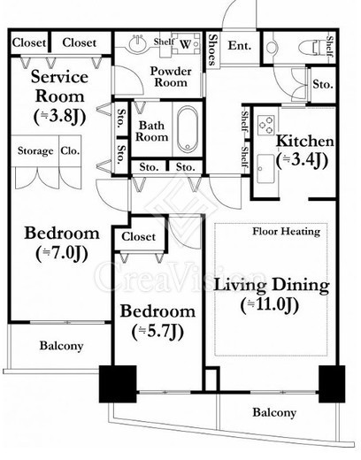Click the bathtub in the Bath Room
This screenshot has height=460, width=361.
point(188,129)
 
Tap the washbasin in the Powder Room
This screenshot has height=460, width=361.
point(138,43)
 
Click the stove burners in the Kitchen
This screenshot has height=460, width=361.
point(265,125)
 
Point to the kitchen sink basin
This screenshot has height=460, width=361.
point(265,168)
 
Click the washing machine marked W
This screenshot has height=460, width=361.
point(186,43)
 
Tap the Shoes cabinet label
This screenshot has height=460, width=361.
point(212,50)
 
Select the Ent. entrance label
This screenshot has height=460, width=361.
point(240,46)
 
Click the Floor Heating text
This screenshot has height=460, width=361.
point(287,231)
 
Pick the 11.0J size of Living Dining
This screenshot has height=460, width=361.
point(270,305)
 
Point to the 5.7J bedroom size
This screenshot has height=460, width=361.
point(157,332)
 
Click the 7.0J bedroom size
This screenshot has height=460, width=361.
point(62,253)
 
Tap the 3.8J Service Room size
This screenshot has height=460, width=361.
point(60,117)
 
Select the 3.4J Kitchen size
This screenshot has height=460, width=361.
point(302,161)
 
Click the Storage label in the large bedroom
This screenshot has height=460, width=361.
point(35,150)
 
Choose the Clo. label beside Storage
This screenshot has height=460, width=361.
point(70,150)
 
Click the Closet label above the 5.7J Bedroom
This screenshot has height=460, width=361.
point(138,236)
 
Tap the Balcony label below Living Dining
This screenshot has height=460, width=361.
point(274,412)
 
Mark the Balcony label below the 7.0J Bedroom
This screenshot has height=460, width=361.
point(61,346)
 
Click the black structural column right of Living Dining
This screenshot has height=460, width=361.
point(332,384)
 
